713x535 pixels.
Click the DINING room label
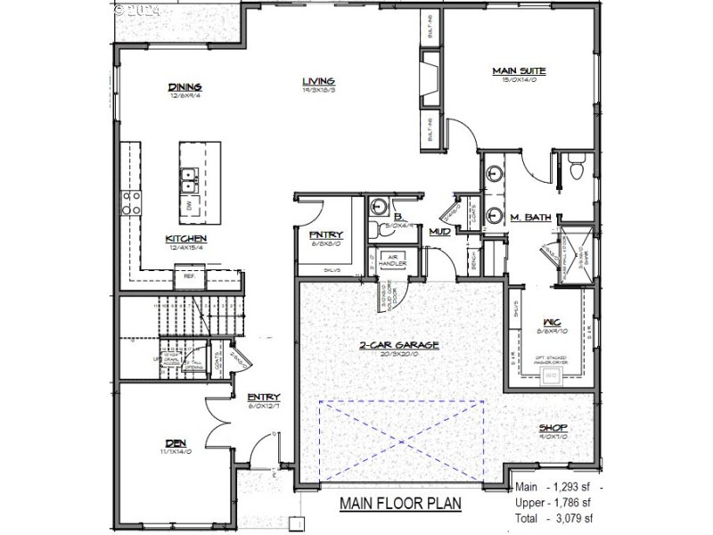point(185,87)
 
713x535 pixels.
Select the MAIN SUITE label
point(519,70)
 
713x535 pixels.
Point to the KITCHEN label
point(185,239)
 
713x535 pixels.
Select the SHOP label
point(553,429)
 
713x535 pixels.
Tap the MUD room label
point(438,232)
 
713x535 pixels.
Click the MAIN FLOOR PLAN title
point(400,504)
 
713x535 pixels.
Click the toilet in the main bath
point(576,165)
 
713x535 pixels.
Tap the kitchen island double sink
point(189,181)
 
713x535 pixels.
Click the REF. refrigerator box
point(189,277)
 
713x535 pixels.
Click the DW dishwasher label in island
point(189,207)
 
